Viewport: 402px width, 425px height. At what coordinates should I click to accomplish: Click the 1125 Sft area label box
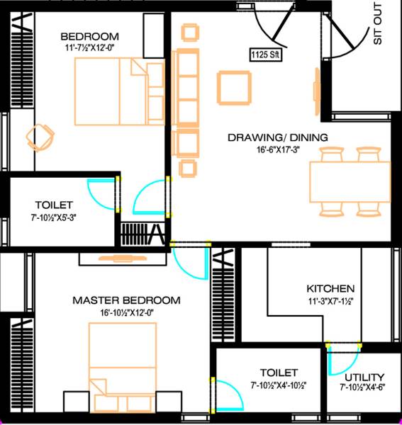click(265, 54)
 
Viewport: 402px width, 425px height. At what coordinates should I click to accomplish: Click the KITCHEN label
click(330, 289)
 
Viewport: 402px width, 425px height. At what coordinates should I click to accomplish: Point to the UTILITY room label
click(363, 377)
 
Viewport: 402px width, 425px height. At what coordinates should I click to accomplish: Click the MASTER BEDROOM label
click(126, 300)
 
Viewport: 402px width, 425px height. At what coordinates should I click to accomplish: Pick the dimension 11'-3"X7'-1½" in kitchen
click(330, 301)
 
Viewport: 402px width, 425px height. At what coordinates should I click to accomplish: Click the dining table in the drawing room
click(349, 181)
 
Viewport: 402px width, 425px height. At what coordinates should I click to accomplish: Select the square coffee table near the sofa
click(234, 87)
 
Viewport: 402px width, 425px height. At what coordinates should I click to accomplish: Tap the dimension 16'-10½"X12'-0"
click(126, 312)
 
